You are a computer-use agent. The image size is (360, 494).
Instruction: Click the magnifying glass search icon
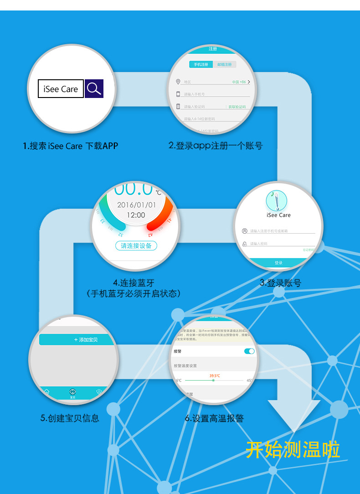pos(94,88)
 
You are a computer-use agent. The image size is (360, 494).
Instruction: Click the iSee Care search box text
pos(61,89)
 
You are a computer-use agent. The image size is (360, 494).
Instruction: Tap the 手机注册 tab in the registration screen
pos(201,65)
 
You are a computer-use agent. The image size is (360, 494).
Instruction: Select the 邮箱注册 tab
pos(224,65)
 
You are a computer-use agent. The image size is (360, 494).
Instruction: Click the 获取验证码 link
pos(237,107)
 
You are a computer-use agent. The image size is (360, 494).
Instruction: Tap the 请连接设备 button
pos(136,246)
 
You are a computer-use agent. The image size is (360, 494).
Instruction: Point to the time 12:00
pos(135,215)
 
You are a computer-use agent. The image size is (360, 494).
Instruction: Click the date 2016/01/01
pos(136,205)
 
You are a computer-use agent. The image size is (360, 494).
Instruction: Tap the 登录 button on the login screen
pos(278,263)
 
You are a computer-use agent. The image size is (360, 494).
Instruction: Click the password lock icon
pos(245,244)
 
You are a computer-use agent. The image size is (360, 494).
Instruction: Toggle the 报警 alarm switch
pos(249,351)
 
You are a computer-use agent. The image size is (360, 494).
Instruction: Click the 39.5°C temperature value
pos(215,376)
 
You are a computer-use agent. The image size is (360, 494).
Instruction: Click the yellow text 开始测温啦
pos(293,449)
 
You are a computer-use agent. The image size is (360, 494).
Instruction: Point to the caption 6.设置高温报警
pos(214,418)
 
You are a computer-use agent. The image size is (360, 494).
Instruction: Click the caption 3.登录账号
pos(280,283)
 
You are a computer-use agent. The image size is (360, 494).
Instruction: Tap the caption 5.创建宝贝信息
pos(70,417)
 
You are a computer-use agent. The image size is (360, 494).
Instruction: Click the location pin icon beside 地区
pos(178,82)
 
